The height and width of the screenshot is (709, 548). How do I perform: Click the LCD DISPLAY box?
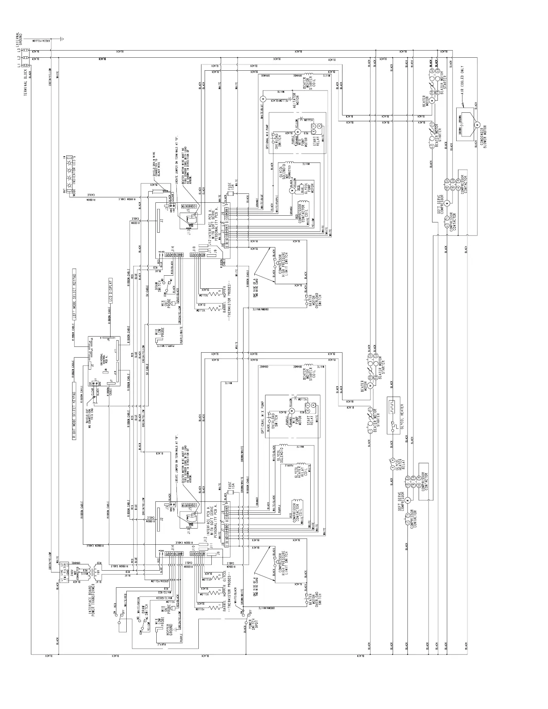tap(110, 291)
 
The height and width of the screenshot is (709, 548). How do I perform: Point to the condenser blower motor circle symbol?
tap(477, 124)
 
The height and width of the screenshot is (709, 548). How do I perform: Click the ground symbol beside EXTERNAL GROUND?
tap(62, 39)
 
